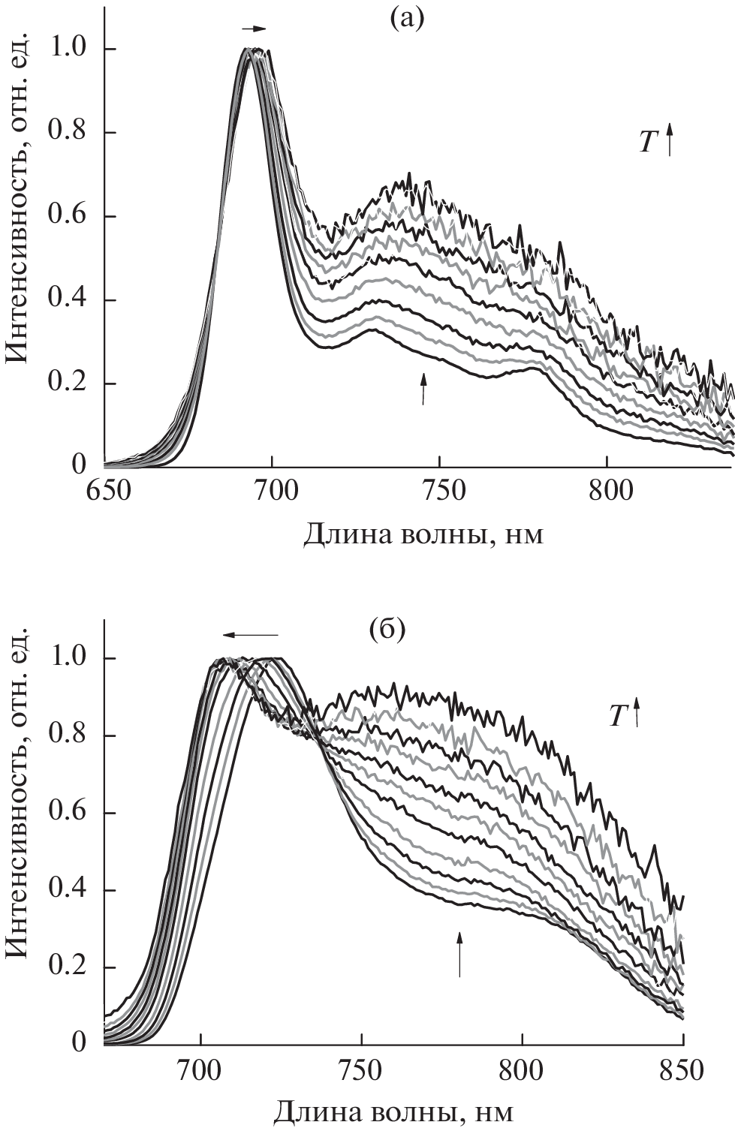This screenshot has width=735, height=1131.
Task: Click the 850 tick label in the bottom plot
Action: [682, 1069]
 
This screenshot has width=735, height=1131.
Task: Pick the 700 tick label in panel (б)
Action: [200, 1069]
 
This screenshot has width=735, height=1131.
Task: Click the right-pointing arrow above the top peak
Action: [254, 29]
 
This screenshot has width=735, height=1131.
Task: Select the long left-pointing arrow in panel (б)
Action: [250, 635]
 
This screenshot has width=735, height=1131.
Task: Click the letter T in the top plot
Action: [649, 143]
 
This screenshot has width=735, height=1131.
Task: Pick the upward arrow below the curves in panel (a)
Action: [423, 389]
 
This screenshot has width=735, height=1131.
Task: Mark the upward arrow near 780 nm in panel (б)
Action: [459, 953]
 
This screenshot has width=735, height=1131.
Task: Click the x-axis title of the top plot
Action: [423, 535]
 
